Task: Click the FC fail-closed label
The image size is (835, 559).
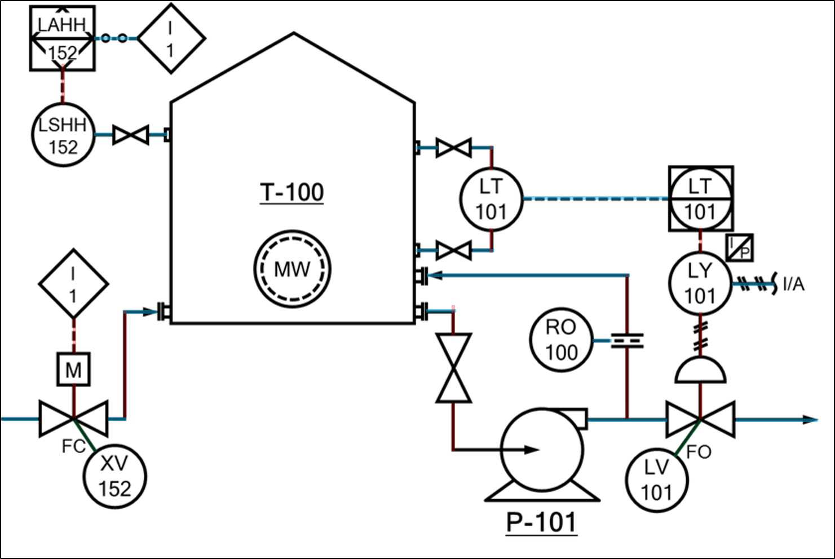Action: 73,447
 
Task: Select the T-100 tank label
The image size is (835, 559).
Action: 291,192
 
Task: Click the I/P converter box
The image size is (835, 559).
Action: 740,248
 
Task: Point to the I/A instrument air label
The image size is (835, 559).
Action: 794,285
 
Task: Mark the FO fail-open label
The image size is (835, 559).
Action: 699,452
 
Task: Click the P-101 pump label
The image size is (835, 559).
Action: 541,522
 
